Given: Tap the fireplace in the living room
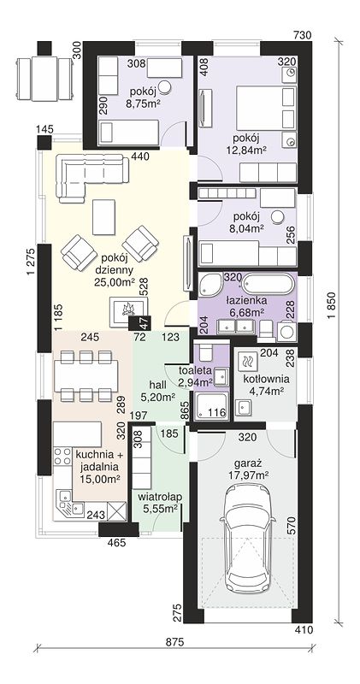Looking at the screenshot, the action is pos(128,310).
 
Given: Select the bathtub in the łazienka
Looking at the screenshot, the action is pos(267,286).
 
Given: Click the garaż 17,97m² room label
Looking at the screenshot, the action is pos(247,469).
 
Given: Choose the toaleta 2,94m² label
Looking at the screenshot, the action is pos(196,376).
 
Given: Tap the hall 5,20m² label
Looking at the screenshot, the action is pos(159,391).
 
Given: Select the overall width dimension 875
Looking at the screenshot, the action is pos(175,642).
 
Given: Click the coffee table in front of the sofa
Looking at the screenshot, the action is pos(103,217).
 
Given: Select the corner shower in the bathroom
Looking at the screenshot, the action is pos(210,285).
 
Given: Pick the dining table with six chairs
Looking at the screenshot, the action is pos(86,376).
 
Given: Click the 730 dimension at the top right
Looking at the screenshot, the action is pos(303,35).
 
